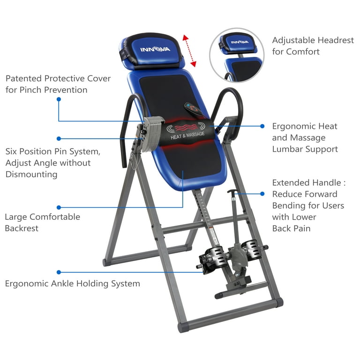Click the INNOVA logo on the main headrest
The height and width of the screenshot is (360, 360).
155,49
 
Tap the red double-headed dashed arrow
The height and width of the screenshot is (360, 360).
189,51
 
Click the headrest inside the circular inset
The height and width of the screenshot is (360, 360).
238,44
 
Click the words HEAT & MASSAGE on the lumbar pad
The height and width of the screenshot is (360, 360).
187,135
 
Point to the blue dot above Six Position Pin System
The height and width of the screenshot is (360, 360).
59,139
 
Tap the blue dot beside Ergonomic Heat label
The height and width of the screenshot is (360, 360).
262,126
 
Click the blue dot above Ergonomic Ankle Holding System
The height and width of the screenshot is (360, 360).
59,272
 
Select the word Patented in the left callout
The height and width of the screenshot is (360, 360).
23,79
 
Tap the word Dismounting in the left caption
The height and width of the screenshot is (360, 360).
31,174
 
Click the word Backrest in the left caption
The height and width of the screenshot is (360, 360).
22,228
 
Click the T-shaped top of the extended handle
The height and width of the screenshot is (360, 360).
233,191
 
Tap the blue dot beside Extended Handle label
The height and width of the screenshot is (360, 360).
262,194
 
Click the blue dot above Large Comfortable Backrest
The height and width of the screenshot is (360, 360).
59,207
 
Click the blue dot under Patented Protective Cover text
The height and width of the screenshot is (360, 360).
59,99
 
